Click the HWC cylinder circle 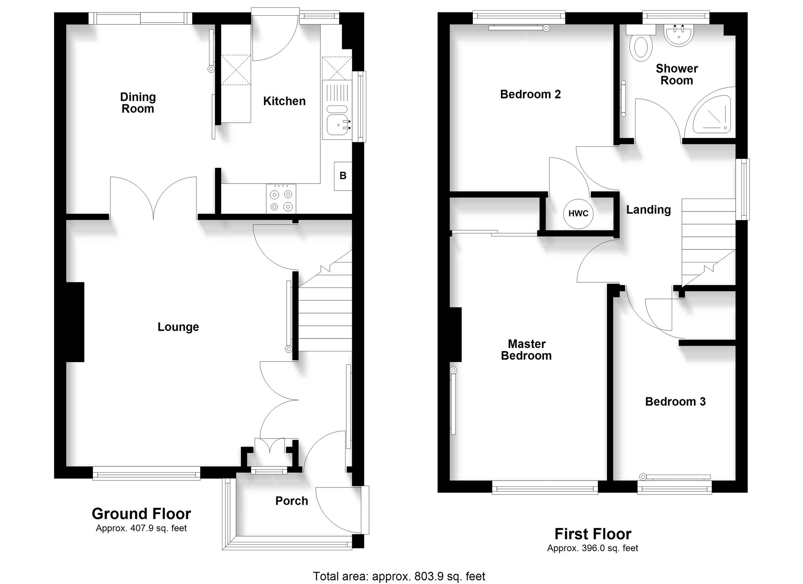[578, 213]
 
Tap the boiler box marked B [343, 176]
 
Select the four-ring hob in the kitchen [281, 199]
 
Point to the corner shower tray [712, 114]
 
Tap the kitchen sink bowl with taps [338, 125]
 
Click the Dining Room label [138, 103]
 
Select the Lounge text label [178, 327]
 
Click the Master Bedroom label [526, 350]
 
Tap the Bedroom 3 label [675, 402]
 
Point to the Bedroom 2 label [530, 94]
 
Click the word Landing [649, 210]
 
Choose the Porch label [292, 501]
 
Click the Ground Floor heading [141, 513]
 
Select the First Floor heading [593, 534]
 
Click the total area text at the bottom [399, 576]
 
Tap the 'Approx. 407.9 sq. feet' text [141, 528]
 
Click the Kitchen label [284, 101]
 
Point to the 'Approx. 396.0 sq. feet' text [593, 548]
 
